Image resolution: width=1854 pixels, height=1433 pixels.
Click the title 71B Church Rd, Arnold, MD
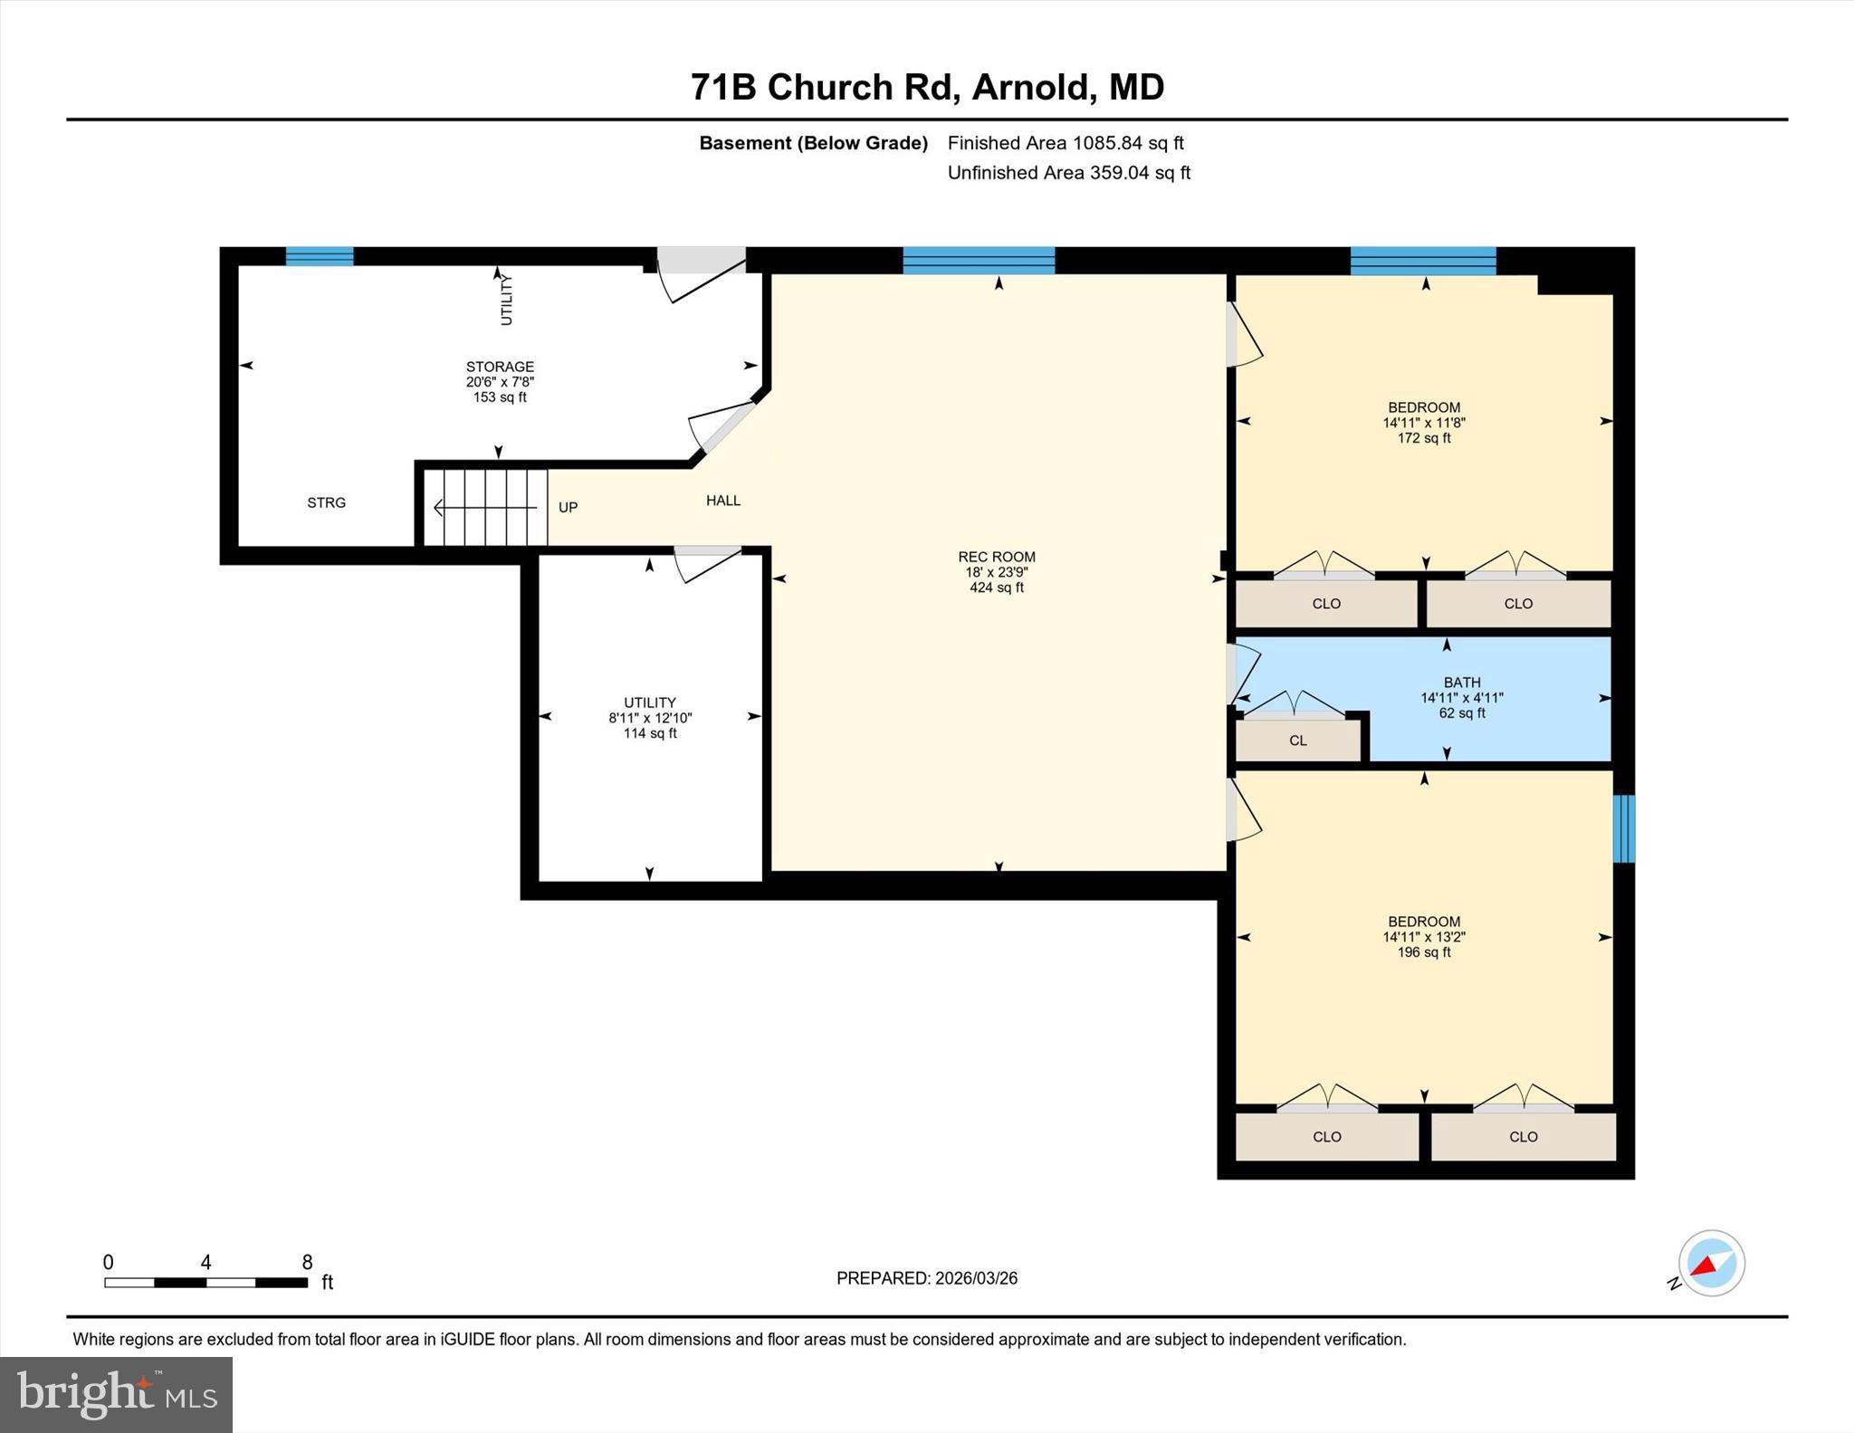click(x=926, y=87)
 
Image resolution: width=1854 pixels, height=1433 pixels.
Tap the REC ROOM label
click(x=996, y=557)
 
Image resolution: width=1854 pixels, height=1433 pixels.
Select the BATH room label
click(x=1461, y=683)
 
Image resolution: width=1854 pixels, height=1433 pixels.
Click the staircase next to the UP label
click(x=485, y=507)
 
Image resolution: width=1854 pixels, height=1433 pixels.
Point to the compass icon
click(x=1711, y=1263)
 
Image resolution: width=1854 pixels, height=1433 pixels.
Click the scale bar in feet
click(x=205, y=1282)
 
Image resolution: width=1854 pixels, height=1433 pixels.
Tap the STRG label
click(x=326, y=502)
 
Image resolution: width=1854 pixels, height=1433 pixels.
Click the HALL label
click(x=722, y=500)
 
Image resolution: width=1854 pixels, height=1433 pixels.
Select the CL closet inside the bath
click(x=1297, y=740)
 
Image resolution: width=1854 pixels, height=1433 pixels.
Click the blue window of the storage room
click(x=320, y=256)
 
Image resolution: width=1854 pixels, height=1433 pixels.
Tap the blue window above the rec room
click(x=978, y=261)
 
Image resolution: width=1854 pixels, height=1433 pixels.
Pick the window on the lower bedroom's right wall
click(x=1624, y=828)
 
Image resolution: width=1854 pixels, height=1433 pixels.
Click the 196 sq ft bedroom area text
click(x=1423, y=952)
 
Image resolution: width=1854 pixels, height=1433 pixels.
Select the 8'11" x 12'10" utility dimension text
click(x=649, y=718)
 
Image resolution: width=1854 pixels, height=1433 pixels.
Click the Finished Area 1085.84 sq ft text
click(x=1065, y=143)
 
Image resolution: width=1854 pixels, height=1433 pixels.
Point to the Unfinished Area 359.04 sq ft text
click(x=1068, y=173)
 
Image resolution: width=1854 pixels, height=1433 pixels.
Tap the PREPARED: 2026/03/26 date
click(x=926, y=1278)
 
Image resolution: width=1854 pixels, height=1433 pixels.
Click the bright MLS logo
click(x=116, y=1394)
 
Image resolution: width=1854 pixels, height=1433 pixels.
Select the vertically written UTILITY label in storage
click(x=506, y=300)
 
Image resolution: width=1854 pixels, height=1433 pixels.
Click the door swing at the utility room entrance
click(x=707, y=564)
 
